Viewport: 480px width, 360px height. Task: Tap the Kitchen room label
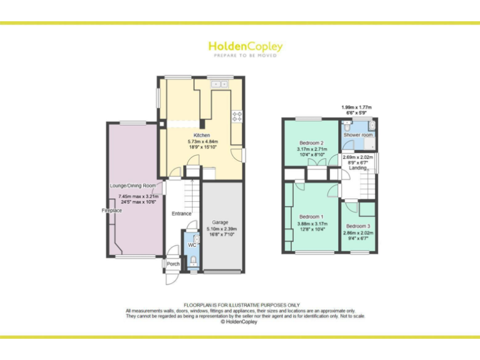(201, 135)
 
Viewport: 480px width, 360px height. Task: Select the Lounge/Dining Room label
(132, 186)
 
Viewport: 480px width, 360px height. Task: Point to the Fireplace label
(112, 211)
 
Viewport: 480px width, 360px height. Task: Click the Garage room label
(219, 222)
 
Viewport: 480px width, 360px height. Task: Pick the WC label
(192, 245)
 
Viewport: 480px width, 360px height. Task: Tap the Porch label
(173, 264)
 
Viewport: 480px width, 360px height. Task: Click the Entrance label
(181, 214)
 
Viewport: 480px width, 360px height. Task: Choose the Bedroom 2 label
(311, 142)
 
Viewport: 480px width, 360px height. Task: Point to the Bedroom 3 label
(358, 226)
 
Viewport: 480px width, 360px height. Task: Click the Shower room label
(358, 135)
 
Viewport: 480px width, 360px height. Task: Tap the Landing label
(358, 167)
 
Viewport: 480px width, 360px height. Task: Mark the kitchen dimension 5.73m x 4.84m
(201, 142)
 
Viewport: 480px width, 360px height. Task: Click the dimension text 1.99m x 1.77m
(356, 107)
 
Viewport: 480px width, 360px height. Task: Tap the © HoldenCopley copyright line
(239, 322)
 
